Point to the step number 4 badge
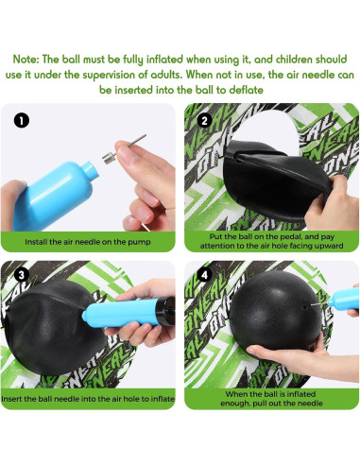204,279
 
